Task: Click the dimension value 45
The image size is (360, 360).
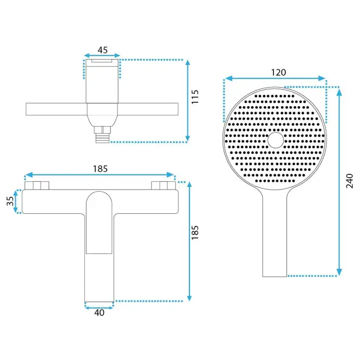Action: [102, 50]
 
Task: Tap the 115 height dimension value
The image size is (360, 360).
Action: [195, 97]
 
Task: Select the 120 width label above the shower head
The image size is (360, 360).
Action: [278, 73]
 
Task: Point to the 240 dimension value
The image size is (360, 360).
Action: [349, 181]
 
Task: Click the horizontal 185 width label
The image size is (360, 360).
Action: [100, 169]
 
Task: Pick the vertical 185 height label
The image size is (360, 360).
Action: [195, 233]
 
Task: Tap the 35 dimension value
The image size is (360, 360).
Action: [10, 201]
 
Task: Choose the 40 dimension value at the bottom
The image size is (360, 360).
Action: [99, 313]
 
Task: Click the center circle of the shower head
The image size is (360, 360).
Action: [276, 140]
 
